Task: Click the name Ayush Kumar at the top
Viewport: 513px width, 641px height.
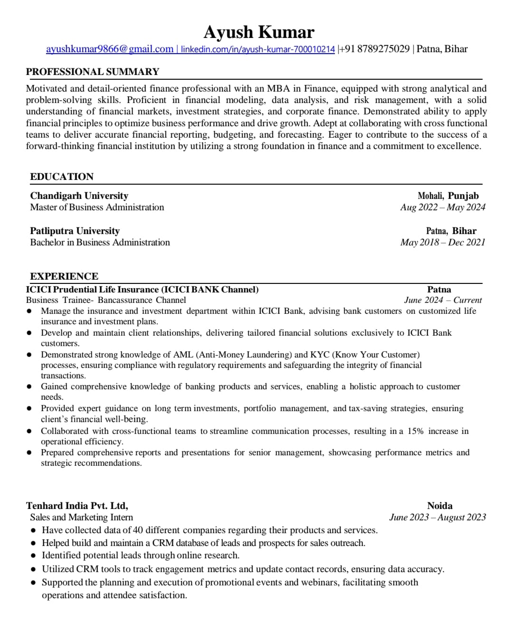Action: pos(259,32)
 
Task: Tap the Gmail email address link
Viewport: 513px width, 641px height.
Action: pos(110,49)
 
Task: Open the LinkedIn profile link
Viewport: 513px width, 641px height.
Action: pos(258,49)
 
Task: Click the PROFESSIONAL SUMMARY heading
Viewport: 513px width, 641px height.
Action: pos(93,72)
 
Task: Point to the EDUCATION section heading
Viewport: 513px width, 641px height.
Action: pos(62,177)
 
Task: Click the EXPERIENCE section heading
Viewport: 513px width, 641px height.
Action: pos(64,276)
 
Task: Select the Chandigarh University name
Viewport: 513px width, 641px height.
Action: pos(79,196)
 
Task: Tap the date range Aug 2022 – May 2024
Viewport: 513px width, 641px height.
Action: pos(443,207)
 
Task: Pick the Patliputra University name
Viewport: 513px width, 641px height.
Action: pos(75,231)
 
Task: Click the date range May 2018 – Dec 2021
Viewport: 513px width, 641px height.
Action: pos(443,242)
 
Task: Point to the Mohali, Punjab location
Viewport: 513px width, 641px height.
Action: pos(448,196)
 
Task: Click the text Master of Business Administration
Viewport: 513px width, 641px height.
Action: pos(97,207)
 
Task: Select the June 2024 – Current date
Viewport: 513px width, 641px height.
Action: pos(443,300)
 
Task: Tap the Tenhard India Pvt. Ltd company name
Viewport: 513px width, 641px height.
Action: pos(77,506)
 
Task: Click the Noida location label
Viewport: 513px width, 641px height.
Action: pos(440,506)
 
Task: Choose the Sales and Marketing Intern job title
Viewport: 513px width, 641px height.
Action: pos(81,517)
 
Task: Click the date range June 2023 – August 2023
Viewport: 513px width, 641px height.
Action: pos(437,517)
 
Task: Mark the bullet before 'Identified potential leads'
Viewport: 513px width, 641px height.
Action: pos(33,556)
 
